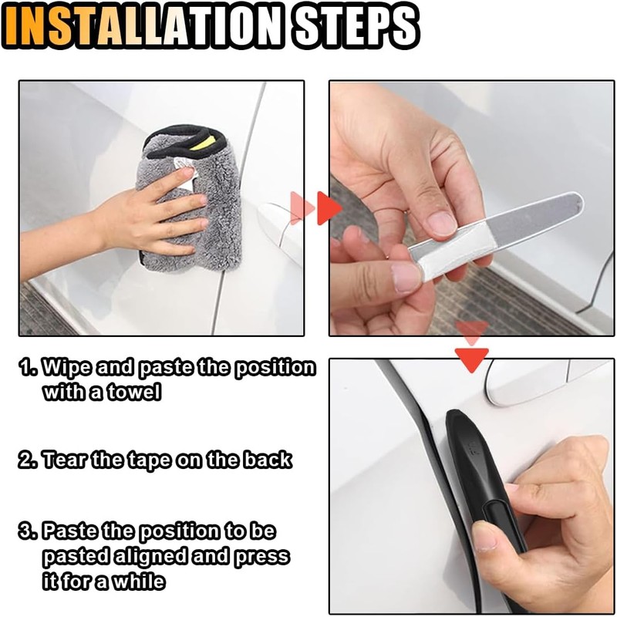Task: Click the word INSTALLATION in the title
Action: tap(146, 26)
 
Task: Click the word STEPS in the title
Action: tap(356, 26)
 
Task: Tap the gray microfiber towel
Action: tap(189, 201)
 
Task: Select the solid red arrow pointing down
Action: tap(471, 359)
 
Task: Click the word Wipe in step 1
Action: tap(67, 368)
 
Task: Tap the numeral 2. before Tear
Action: tap(29, 460)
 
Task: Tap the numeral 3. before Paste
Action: tap(29, 531)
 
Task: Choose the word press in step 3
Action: tap(261, 558)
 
